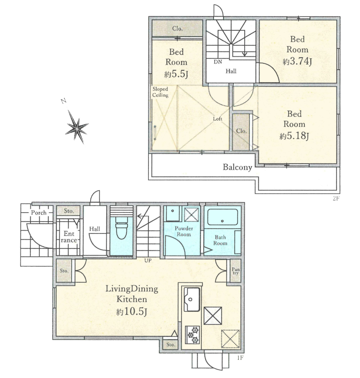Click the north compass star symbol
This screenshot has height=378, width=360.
point(77,127)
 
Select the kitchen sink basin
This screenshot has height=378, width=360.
point(192,299)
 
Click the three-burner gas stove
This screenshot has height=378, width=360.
point(193,335)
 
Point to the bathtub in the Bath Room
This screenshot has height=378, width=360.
point(222,217)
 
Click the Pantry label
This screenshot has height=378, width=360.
point(235,271)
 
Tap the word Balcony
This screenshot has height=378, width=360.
point(237,167)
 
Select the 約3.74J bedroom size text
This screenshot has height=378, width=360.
point(297,61)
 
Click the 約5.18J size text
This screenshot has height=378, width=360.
point(294,136)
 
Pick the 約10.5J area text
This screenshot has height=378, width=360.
point(132,312)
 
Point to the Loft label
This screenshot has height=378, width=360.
point(217,119)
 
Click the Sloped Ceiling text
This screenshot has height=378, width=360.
point(160,92)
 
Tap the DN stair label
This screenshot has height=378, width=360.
point(218,62)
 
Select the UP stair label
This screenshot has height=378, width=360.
point(148,260)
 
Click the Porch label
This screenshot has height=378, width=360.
point(39,213)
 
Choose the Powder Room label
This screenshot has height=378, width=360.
point(184,231)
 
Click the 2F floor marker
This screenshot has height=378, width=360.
point(336,198)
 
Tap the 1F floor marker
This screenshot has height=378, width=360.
point(240,358)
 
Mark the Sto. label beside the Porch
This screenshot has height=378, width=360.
point(69,211)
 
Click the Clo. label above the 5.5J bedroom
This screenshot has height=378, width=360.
point(177,28)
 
